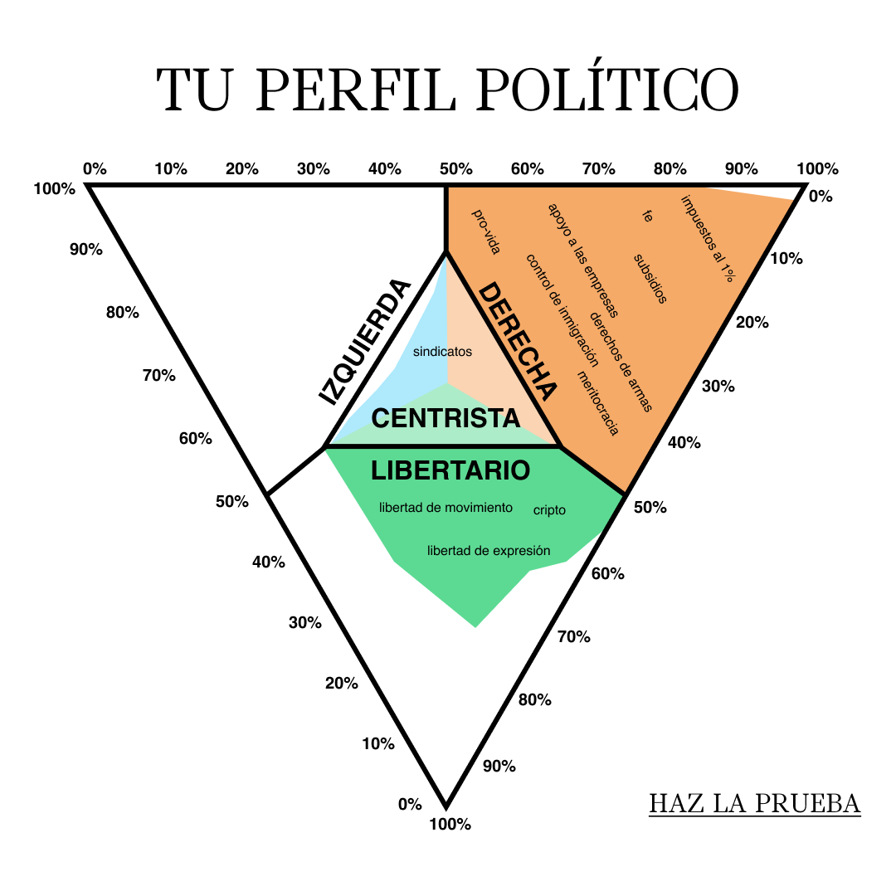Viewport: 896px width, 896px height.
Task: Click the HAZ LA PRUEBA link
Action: [754, 803]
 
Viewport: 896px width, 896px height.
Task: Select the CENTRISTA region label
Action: [446, 418]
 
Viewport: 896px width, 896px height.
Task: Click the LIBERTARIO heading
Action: [450, 471]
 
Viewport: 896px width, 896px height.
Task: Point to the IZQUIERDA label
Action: [364, 342]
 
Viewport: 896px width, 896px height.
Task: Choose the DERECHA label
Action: [517, 341]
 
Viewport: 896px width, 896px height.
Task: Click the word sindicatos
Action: [442, 352]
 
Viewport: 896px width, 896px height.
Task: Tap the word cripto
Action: [549, 509]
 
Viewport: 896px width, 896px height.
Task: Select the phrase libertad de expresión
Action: [489, 550]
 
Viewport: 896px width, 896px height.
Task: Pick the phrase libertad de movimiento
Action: [446, 508]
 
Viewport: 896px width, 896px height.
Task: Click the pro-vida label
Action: [486, 231]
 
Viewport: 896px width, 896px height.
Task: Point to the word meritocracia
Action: [597, 403]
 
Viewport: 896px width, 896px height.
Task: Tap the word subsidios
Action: [650, 278]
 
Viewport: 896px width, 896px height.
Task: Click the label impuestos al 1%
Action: [708, 239]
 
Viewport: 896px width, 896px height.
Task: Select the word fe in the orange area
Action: [647, 216]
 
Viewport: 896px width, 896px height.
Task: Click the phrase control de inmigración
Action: [562, 310]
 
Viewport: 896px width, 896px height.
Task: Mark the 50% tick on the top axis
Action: [456, 169]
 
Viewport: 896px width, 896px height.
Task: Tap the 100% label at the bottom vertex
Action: [450, 824]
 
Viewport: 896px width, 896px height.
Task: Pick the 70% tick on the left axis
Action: [158, 376]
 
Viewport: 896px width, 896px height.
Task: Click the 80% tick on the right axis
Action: [535, 699]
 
